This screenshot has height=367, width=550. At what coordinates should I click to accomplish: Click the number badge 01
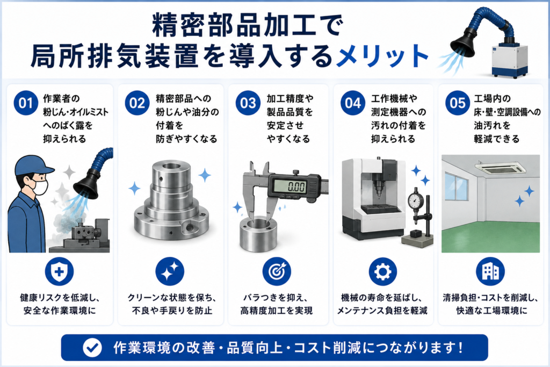click(x=26, y=103)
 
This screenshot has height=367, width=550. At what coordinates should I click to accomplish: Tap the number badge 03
click(x=248, y=103)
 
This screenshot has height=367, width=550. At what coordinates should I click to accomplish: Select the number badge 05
click(x=458, y=103)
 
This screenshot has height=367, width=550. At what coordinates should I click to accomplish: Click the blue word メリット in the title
click(x=382, y=56)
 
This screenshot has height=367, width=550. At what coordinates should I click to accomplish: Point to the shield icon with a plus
click(x=59, y=271)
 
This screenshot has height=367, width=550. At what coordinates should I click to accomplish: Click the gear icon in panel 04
click(x=382, y=271)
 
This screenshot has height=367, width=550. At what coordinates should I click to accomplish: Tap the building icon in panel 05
click(x=490, y=271)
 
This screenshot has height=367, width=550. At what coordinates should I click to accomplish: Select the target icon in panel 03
click(x=277, y=271)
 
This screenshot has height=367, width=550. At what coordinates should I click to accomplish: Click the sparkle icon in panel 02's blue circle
click(x=170, y=271)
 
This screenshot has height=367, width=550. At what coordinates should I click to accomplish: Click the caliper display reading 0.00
click(x=294, y=186)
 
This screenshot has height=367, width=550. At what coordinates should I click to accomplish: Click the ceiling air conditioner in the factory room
click(x=500, y=167)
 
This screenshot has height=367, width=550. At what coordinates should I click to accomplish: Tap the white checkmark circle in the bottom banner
click(x=92, y=348)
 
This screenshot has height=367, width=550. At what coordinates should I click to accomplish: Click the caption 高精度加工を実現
click(x=277, y=311)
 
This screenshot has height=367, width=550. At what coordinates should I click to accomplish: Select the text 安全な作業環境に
click(x=59, y=311)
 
